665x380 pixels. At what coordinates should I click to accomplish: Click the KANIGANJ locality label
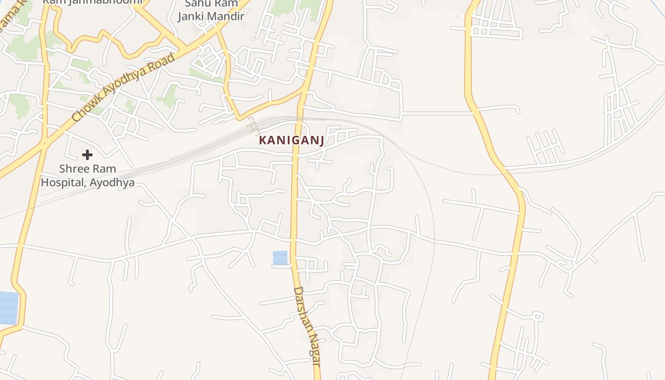tap(292, 140)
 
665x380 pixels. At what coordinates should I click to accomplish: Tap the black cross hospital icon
tap(87, 154)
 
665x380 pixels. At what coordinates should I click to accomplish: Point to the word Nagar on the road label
tap(313, 349)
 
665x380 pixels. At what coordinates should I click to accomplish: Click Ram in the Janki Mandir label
tap(226, 4)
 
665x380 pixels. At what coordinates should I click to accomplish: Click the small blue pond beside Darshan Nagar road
tap(280, 258)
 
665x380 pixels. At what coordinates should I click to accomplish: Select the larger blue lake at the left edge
tap(9, 308)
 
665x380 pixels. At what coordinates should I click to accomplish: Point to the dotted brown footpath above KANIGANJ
tap(254, 126)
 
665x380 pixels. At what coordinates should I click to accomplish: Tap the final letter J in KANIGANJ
tap(322, 141)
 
